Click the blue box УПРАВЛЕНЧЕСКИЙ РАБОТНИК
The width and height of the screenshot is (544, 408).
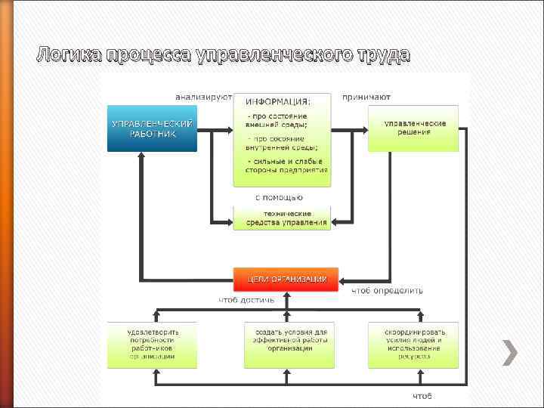point(152,128)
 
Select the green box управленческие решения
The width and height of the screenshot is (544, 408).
point(413,128)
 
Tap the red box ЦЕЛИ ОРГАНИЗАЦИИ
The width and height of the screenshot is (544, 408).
point(286,279)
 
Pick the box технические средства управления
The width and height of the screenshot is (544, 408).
point(282,218)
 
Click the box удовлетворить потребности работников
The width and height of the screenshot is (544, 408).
point(152,345)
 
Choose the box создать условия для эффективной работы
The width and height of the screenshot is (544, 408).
point(289,345)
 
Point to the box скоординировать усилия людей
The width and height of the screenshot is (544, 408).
point(413,345)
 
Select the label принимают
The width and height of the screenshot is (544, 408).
point(366,97)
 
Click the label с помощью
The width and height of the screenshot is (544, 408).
point(279,197)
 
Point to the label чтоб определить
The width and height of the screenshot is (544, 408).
point(387,290)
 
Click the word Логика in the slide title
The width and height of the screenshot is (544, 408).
point(70,54)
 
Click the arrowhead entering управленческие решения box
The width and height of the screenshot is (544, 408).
point(363,131)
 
